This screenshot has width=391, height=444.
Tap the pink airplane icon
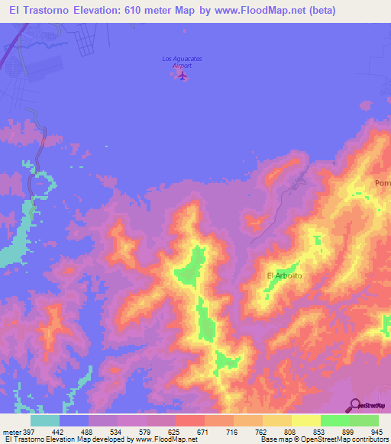tap(182, 76)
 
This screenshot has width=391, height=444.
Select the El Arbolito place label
tap(285, 275)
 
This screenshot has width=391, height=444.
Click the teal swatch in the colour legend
tap(45, 420)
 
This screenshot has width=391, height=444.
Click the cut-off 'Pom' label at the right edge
tap(382, 183)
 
